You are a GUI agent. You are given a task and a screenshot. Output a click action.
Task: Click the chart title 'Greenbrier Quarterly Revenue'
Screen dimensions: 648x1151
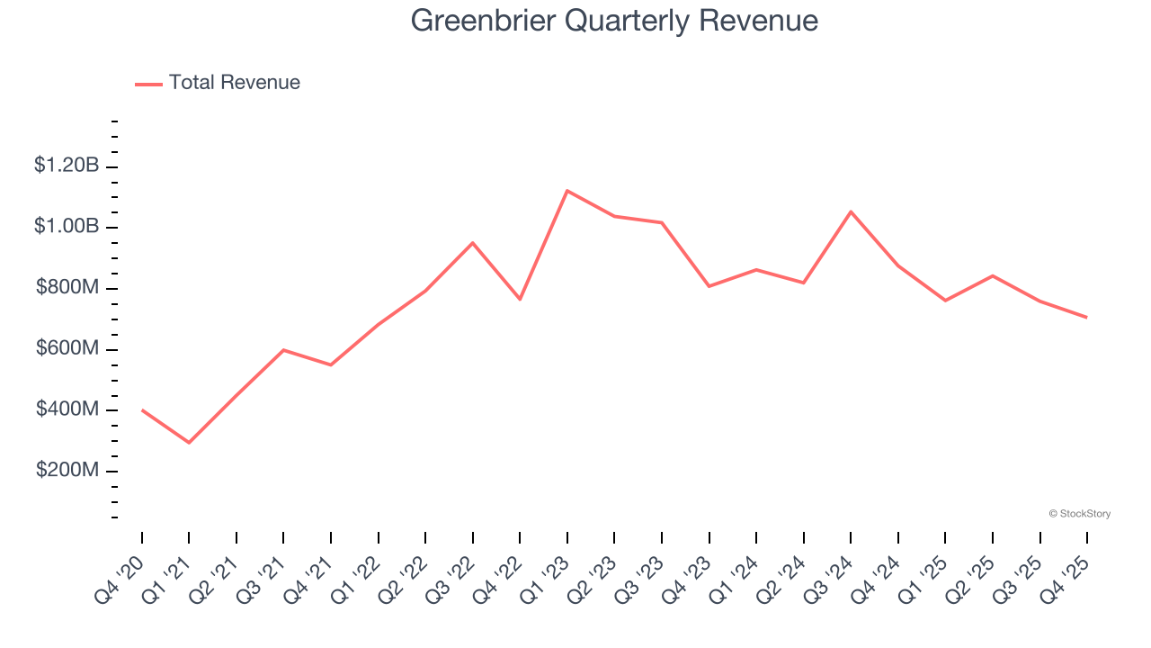point(614,21)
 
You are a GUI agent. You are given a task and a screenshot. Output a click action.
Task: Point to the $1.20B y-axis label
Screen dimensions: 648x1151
point(67,166)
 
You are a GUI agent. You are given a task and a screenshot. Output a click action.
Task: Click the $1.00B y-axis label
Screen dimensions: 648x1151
point(67,227)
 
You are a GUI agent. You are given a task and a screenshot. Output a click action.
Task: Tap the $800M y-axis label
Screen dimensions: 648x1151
point(67,288)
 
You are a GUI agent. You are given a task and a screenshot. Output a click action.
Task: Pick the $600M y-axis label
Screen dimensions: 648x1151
point(67,349)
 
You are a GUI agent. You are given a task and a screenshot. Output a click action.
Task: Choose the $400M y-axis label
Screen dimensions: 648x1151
point(67,410)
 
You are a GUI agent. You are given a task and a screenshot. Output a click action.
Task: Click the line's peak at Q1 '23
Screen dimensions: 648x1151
point(567,191)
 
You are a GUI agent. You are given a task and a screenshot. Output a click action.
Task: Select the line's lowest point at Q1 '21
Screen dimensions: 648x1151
point(189,443)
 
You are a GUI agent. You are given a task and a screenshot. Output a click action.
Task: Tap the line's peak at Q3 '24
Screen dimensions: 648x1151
point(851,211)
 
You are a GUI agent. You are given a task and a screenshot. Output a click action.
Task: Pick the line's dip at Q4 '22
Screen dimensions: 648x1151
point(520,299)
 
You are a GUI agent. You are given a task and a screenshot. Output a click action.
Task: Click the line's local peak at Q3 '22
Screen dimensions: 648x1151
point(473,243)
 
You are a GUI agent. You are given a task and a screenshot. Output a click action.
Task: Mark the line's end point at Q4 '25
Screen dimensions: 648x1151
point(1087,317)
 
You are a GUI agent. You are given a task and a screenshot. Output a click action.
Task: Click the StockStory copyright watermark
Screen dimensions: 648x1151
point(1079,514)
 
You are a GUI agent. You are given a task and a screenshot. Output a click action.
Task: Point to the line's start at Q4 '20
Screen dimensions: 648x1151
point(142,410)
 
